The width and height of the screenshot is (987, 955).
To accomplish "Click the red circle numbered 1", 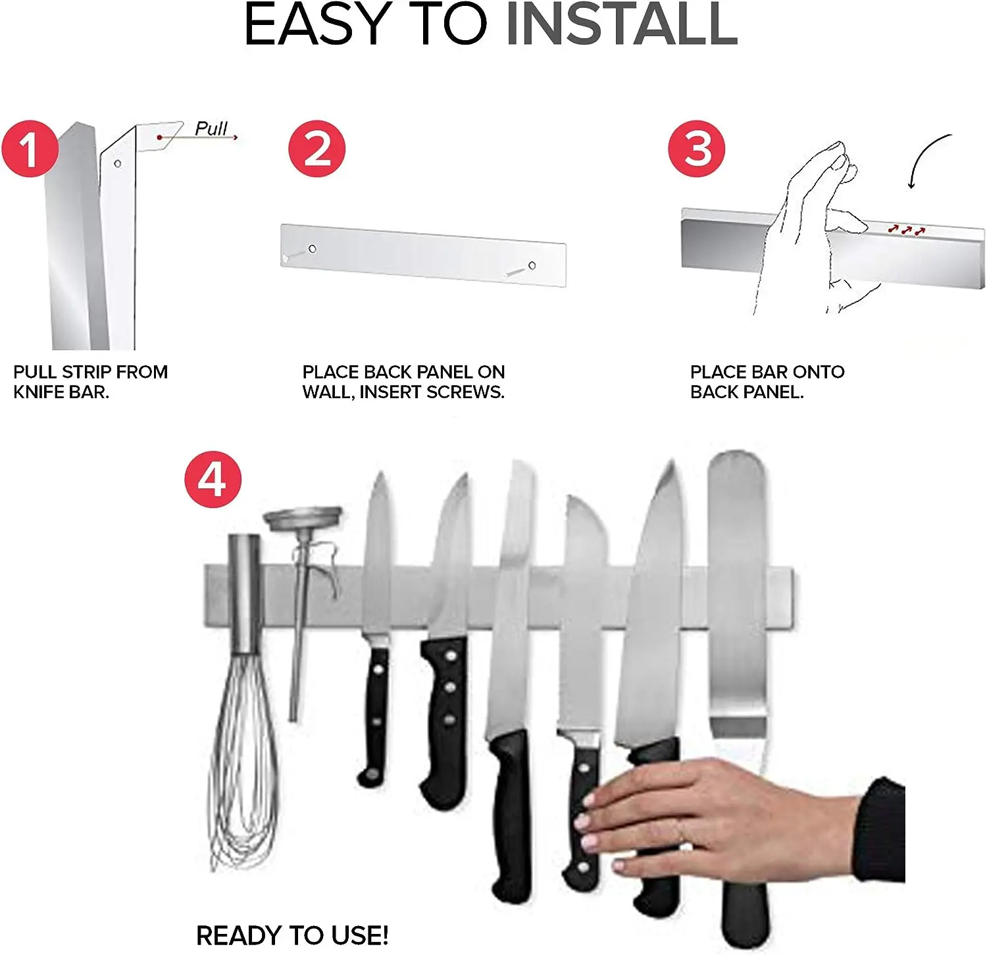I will point(30,149).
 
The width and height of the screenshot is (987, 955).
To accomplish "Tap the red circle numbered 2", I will point(317,149).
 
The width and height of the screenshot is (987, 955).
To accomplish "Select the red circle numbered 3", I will point(697,149).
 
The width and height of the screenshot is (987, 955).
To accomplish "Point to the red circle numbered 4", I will point(213,479).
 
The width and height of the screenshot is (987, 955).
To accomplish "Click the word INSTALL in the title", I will point(621,25).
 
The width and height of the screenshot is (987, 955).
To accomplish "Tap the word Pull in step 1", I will point(211,128).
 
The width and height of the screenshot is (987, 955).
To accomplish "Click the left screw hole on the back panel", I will point(313,249).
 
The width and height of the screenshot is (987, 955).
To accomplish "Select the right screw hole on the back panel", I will point(532,265).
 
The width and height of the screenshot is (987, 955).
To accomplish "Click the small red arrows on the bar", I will point(906,230).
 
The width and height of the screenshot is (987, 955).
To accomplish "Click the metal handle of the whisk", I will point(245,592).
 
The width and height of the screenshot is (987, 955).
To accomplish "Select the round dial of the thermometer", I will point(303,517).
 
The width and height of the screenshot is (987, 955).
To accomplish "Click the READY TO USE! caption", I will point(292,935).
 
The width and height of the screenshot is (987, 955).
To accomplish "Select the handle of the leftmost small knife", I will point(376,714).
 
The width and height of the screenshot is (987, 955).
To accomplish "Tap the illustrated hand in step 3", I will point(816,230).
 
